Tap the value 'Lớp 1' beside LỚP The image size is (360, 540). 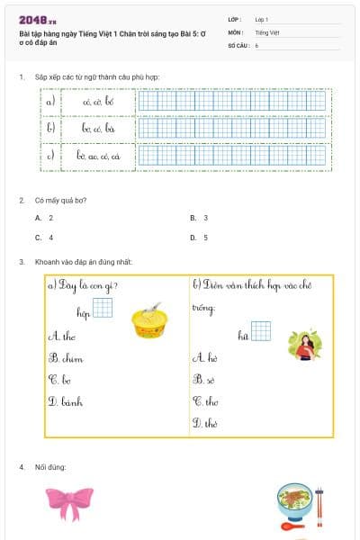tap(263, 19)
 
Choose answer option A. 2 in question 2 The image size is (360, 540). tap(44, 218)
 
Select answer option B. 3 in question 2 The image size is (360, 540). tap(199, 218)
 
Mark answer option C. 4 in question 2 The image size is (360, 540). tap(44, 238)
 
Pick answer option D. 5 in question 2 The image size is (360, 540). tap(199, 238)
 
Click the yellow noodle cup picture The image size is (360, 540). tap(150, 321)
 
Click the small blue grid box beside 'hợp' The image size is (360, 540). tap(103, 310)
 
